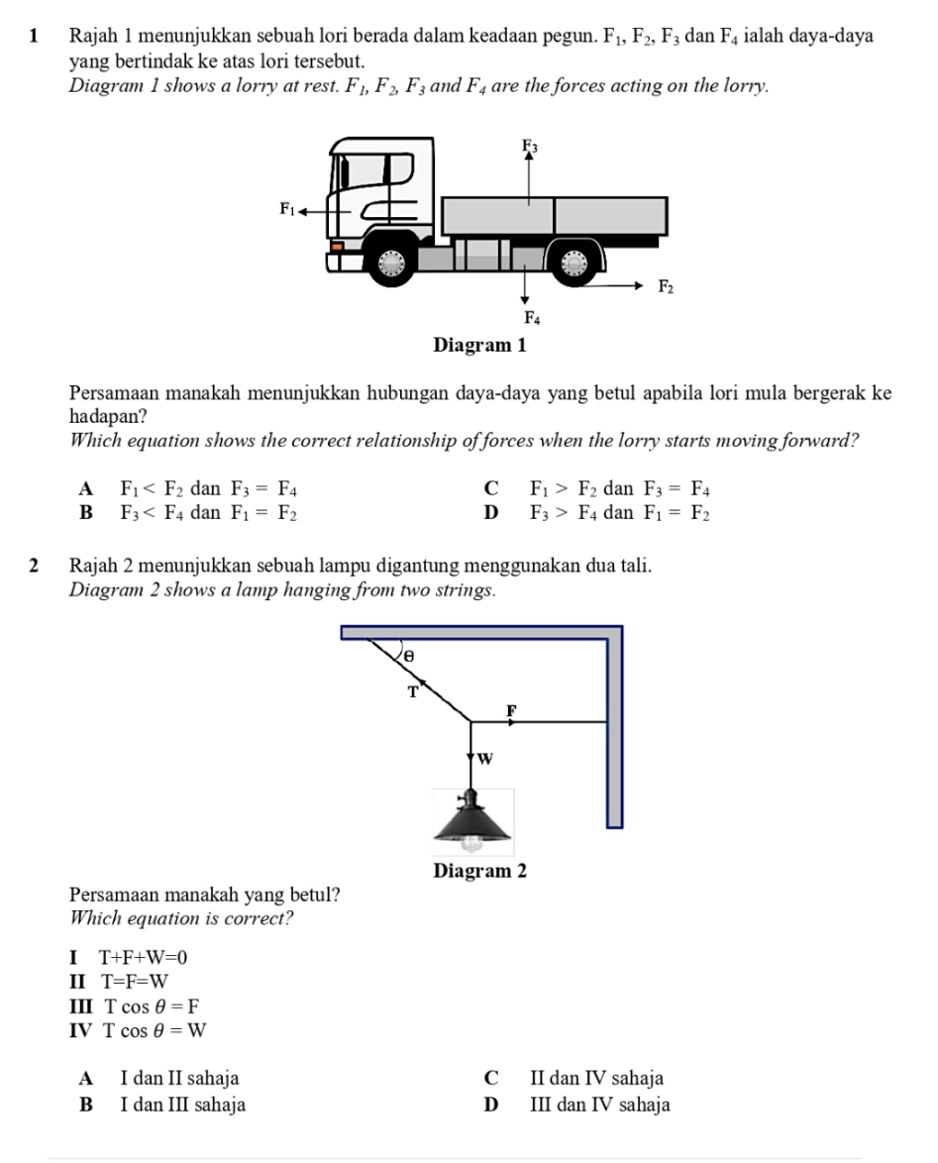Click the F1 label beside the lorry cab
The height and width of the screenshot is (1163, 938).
click(x=287, y=209)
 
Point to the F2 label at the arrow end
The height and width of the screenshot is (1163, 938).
click(x=667, y=287)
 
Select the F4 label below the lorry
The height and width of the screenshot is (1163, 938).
click(x=532, y=318)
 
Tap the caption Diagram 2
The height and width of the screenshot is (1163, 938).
click(x=479, y=871)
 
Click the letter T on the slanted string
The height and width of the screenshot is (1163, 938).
click(x=415, y=691)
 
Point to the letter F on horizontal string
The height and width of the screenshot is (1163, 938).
click(x=511, y=711)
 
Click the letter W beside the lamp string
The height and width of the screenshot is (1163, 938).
click(x=484, y=759)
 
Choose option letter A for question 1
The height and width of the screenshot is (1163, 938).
click(x=87, y=488)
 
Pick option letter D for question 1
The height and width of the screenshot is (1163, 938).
click(x=486, y=513)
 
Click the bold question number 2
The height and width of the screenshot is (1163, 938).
click(x=36, y=566)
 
